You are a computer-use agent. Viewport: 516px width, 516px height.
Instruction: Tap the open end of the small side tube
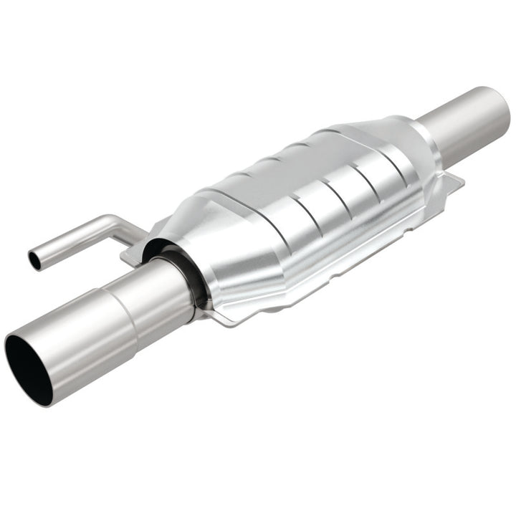click(x=34, y=259)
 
